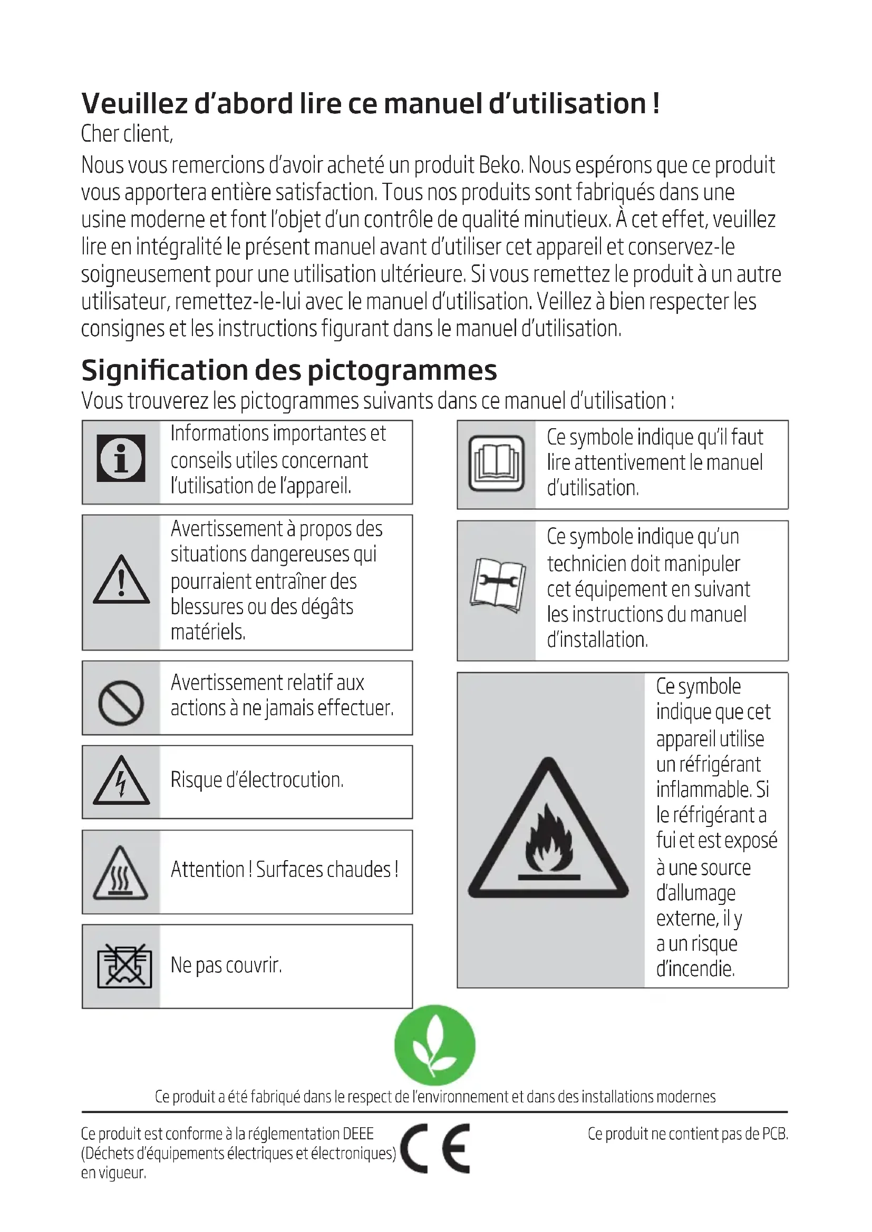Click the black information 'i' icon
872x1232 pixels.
click(x=121, y=458)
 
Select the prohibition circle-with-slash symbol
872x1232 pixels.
click(x=121, y=703)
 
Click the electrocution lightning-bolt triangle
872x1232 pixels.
click(x=121, y=782)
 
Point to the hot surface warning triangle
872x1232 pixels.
click(x=121, y=873)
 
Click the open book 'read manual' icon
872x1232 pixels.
click(x=496, y=463)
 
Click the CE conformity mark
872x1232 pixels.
click(x=435, y=1148)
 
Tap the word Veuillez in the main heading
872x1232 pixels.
click(x=134, y=104)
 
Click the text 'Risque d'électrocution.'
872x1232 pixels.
click(x=257, y=780)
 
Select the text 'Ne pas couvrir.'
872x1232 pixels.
click(x=226, y=965)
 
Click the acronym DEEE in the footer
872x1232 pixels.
click(x=357, y=1134)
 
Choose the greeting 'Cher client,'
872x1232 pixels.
click(x=127, y=134)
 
